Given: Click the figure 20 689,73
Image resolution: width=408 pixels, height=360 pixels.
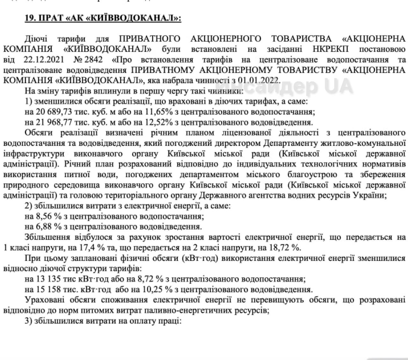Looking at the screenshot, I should (x=53, y=112).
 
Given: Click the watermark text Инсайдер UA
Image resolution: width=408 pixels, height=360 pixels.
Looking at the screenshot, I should (x=283, y=85).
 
